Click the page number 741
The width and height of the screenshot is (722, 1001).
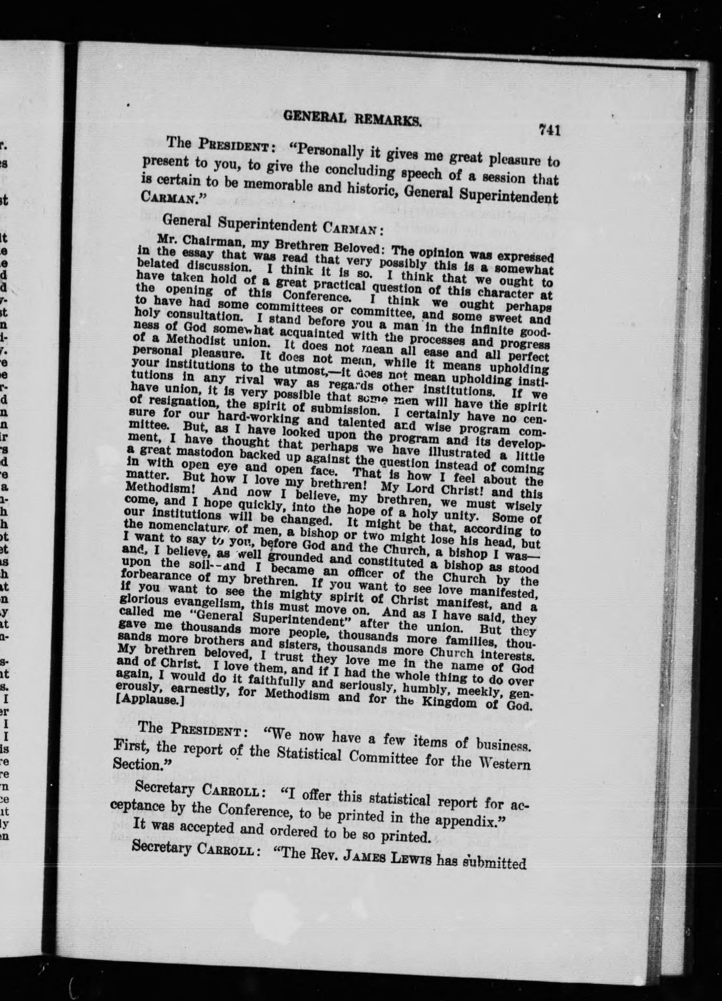pos(549,131)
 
